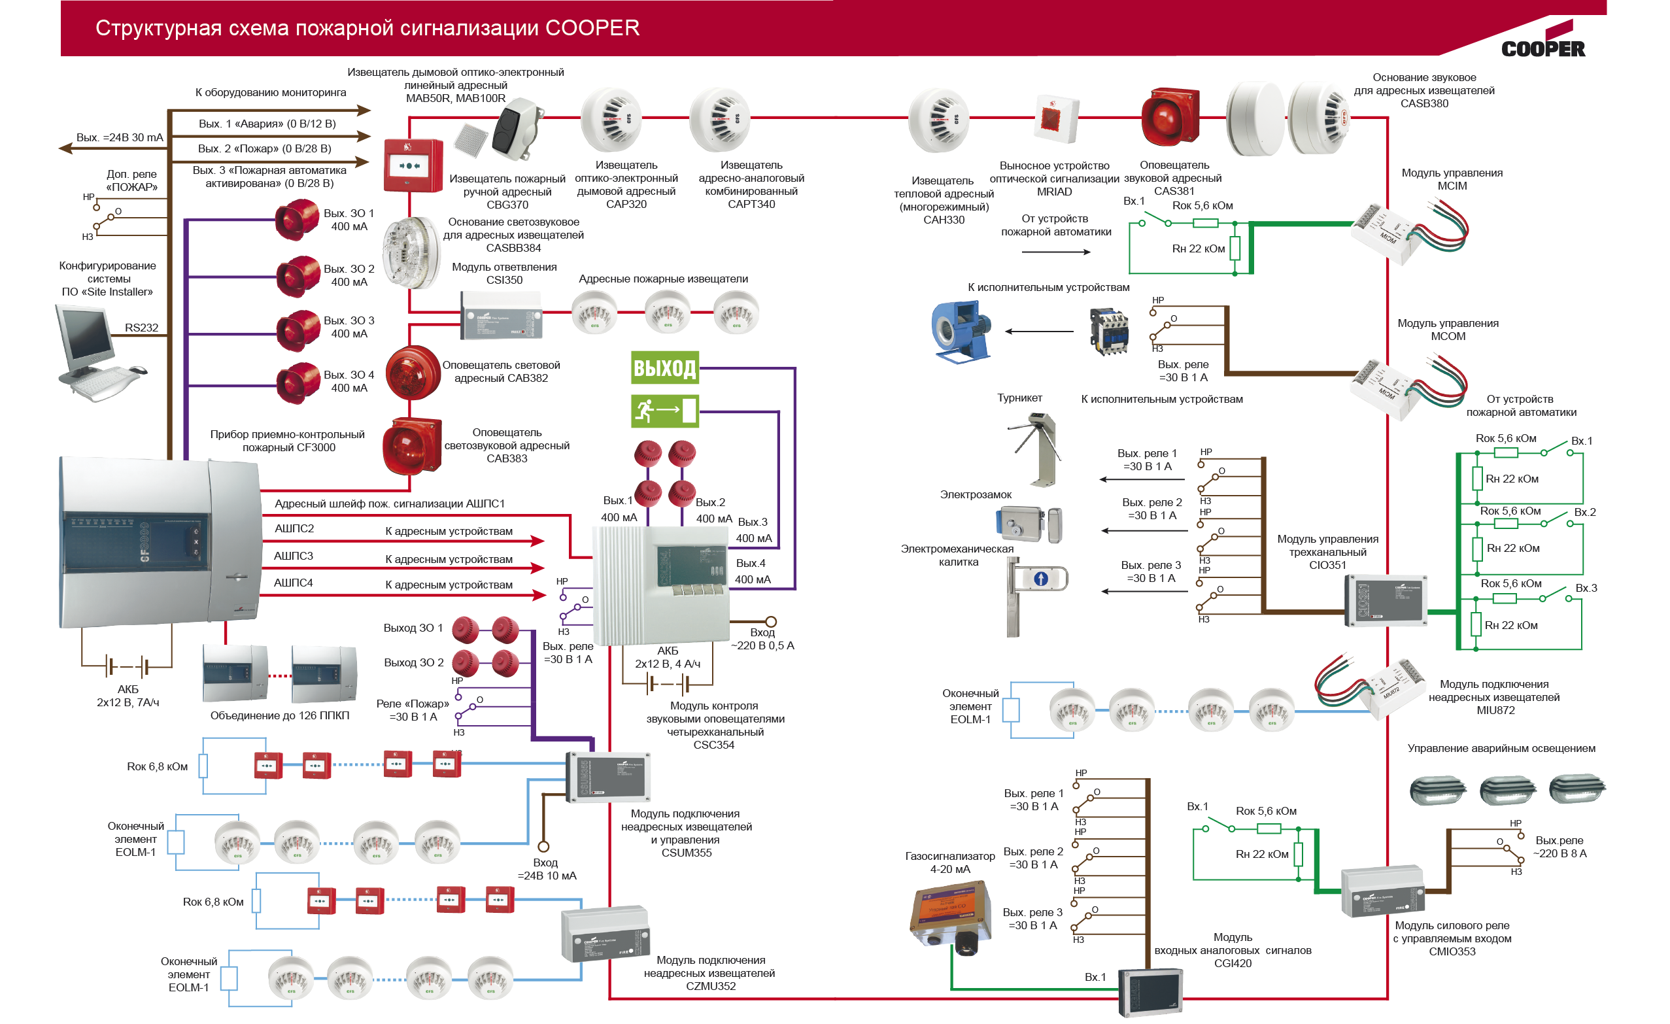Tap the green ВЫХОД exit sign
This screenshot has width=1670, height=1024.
(x=664, y=368)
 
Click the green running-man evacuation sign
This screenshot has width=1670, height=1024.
(x=664, y=411)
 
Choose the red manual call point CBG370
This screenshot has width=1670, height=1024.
(x=413, y=165)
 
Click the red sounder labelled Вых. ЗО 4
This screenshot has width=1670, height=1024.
(x=298, y=383)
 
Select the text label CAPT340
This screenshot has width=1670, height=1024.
(x=751, y=204)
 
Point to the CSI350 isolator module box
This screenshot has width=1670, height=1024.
(x=501, y=315)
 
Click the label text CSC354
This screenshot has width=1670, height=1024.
(x=713, y=745)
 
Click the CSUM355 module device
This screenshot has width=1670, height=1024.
(x=608, y=777)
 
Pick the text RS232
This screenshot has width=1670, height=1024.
(x=141, y=328)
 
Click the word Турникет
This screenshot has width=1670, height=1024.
(x=1019, y=398)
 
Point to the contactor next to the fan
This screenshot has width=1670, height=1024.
(x=1108, y=332)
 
